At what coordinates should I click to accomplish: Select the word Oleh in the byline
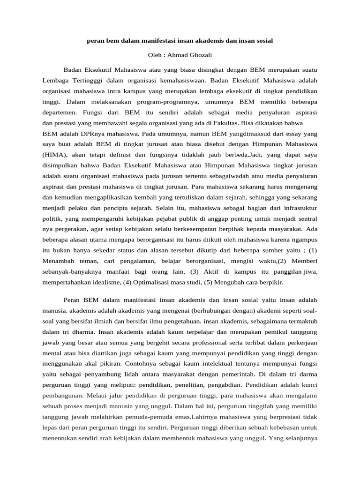tap(155, 55)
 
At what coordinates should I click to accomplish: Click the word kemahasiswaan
tap(192, 80)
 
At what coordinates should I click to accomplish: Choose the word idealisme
tap(105, 284)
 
